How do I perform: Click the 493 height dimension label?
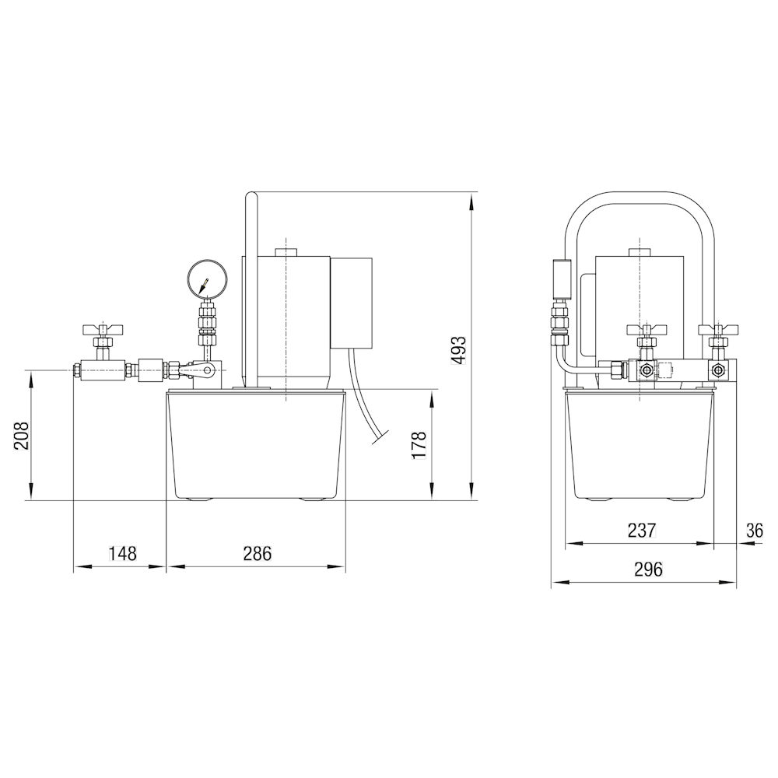click(459, 350)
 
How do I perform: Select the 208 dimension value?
click(21, 436)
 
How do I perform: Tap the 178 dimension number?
click(419, 445)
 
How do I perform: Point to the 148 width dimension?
click(122, 552)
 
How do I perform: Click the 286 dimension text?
click(257, 552)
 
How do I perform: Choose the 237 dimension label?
click(642, 531)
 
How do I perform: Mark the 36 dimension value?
click(754, 531)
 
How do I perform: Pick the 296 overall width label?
click(648, 569)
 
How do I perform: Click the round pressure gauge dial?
click(208, 278)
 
